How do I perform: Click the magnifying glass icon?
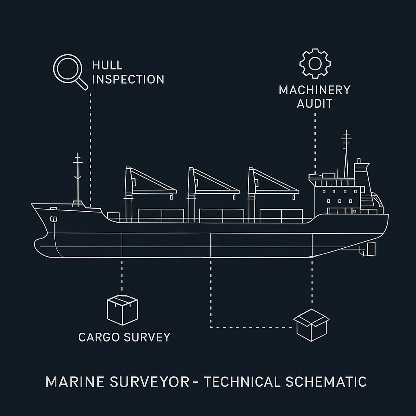(x=68, y=69)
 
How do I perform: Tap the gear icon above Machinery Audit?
(x=315, y=64)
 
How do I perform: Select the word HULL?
(x=107, y=65)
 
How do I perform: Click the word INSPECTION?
(x=128, y=79)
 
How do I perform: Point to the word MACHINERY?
(x=314, y=90)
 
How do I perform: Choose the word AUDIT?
(x=314, y=104)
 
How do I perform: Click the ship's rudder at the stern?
(x=370, y=249)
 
